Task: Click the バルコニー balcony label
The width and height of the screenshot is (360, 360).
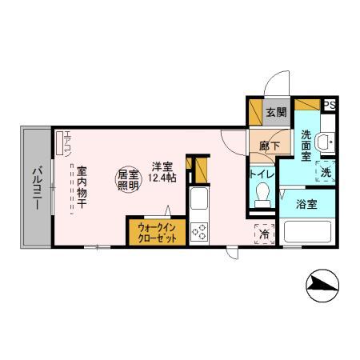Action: [x=37, y=188]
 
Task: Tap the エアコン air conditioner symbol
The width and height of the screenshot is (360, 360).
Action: [x=60, y=142]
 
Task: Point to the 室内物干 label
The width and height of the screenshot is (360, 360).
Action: [x=82, y=187]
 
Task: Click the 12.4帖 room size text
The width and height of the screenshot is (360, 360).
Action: [x=162, y=178]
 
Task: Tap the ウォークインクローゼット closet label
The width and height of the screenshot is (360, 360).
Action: [x=158, y=233]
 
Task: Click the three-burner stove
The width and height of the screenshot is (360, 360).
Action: [x=199, y=232]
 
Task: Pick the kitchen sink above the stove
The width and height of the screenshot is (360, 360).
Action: [x=199, y=198]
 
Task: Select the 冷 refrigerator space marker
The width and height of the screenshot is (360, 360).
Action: [x=264, y=234]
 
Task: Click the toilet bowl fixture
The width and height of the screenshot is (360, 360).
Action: [x=262, y=195]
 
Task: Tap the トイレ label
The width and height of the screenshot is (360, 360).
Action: [x=262, y=174]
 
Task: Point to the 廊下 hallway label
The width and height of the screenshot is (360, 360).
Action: [x=270, y=146]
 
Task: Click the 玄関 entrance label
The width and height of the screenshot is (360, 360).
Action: [x=276, y=112]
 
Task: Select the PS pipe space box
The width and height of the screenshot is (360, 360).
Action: [x=330, y=105]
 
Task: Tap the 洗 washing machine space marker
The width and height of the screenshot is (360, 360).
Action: [x=326, y=172]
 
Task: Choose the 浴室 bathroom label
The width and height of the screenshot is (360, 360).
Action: [x=306, y=204]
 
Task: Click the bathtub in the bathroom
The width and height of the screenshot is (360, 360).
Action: [x=307, y=231]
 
